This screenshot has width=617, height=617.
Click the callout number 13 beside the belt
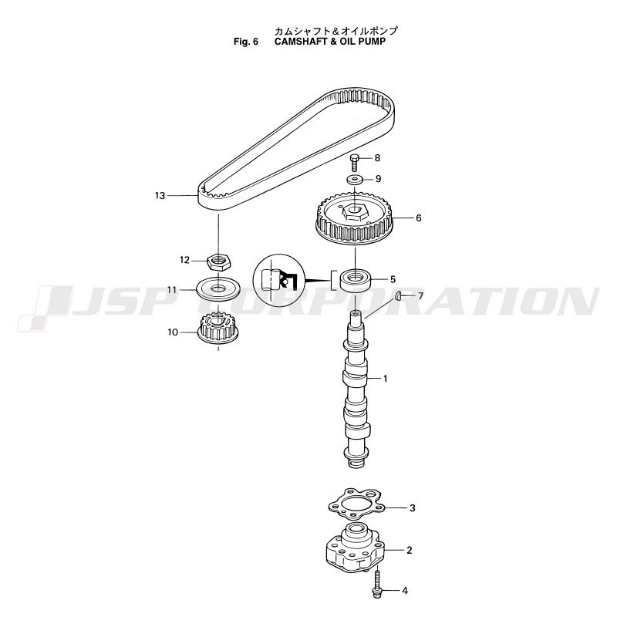point(160,196)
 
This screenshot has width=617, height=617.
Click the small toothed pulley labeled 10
point(216,329)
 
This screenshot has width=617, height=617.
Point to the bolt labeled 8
point(355,163)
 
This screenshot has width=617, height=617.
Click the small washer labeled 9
point(356,180)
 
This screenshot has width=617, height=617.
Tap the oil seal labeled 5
point(356,280)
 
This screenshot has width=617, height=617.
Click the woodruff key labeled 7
point(398,295)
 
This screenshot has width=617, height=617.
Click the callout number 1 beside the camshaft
point(385,379)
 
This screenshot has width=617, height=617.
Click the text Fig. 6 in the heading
point(246,42)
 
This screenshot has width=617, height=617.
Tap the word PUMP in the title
point(372,42)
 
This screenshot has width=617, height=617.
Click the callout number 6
point(418,217)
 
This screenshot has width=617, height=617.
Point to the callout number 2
point(410,550)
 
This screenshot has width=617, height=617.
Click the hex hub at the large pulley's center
point(356,211)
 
